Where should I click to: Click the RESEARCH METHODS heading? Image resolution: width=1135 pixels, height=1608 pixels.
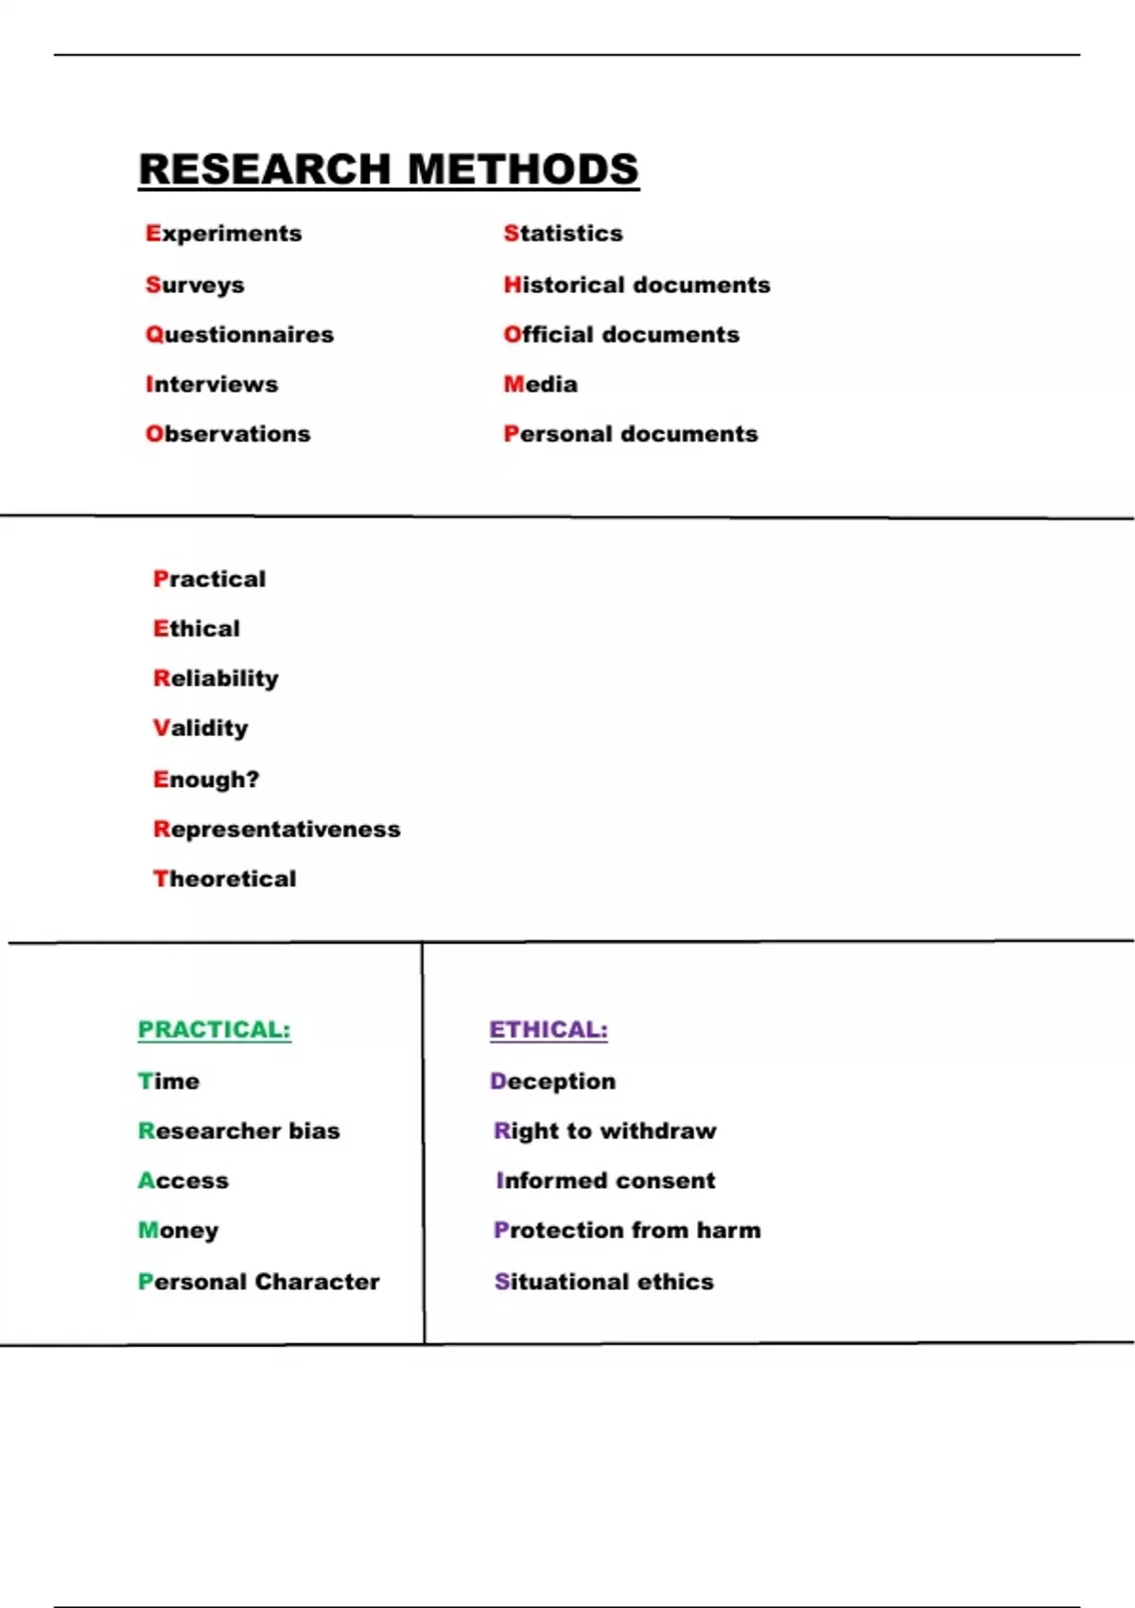click(389, 170)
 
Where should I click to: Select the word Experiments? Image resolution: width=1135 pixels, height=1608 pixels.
click(223, 234)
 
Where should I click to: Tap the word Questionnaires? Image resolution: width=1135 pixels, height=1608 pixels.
click(239, 335)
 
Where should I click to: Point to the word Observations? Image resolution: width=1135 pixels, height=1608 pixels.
click(228, 434)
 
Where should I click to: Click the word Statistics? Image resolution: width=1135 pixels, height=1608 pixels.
click(563, 234)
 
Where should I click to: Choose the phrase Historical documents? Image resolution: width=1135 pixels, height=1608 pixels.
click(637, 285)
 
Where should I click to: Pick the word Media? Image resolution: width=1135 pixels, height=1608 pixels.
click(540, 384)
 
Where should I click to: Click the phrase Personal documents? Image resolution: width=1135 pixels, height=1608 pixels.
click(631, 434)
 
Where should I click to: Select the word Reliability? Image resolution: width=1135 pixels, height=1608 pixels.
click(216, 678)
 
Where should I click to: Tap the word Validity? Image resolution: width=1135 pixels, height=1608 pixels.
click(201, 728)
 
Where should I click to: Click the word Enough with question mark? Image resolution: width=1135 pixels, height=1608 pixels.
click(206, 779)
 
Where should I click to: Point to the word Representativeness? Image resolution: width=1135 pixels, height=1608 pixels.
click(277, 830)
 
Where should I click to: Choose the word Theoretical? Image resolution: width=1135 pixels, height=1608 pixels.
click(225, 879)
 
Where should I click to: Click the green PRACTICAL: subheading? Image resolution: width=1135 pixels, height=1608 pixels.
click(215, 1029)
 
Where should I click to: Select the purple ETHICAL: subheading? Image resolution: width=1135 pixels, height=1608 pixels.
click(549, 1029)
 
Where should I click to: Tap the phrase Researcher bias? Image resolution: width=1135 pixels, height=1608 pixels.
click(239, 1131)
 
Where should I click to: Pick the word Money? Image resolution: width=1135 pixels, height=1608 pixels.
click(179, 1231)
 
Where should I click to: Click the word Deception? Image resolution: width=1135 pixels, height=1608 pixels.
click(552, 1081)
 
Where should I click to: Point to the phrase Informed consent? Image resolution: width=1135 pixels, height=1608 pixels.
click(605, 1180)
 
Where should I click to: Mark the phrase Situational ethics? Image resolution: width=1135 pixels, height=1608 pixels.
click(604, 1282)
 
